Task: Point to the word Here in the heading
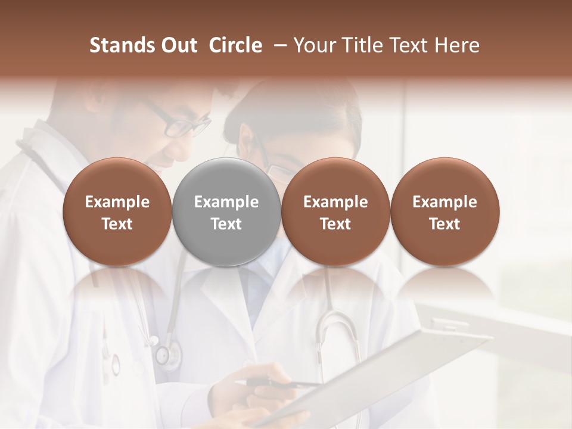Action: (x=458, y=45)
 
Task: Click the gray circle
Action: (x=226, y=212)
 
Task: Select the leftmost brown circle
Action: (x=117, y=212)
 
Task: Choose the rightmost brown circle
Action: (x=444, y=212)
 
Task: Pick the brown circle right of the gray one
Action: (x=335, y=212)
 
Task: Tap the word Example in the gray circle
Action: (x=226, y=202)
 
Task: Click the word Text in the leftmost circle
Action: (x=117, y=224)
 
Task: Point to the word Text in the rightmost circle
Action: (x=444, y=224)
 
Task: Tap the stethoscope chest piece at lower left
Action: (x=166, y=356)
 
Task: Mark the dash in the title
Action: (x=278, y=45)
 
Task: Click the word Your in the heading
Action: (x=314, y=45)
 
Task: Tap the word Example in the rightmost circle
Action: (x=444, y=202)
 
